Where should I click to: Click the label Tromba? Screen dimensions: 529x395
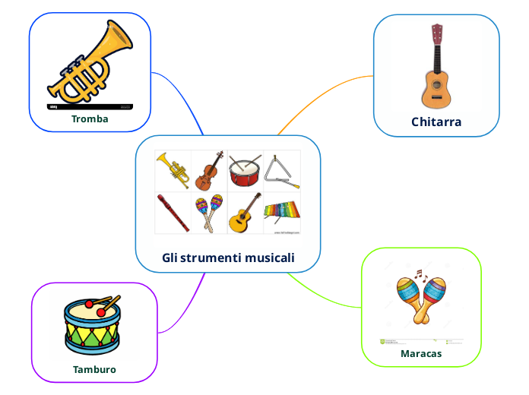tap(90, 119)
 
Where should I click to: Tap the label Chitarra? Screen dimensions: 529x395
tap(436, 122)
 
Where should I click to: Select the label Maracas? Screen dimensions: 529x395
tap(421, 353)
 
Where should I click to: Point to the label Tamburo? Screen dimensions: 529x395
tap(94, 370)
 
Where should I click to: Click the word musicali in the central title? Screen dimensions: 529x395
tap(269, 258)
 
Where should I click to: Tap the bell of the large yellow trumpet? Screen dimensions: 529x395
tap(119, 38)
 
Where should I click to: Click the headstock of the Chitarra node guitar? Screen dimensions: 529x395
tap(437, 34)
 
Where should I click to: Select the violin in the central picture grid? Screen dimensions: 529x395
tap(208, 171)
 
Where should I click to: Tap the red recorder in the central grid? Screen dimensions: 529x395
tap(173, 213)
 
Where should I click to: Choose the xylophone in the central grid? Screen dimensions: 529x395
tap(281, 210)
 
